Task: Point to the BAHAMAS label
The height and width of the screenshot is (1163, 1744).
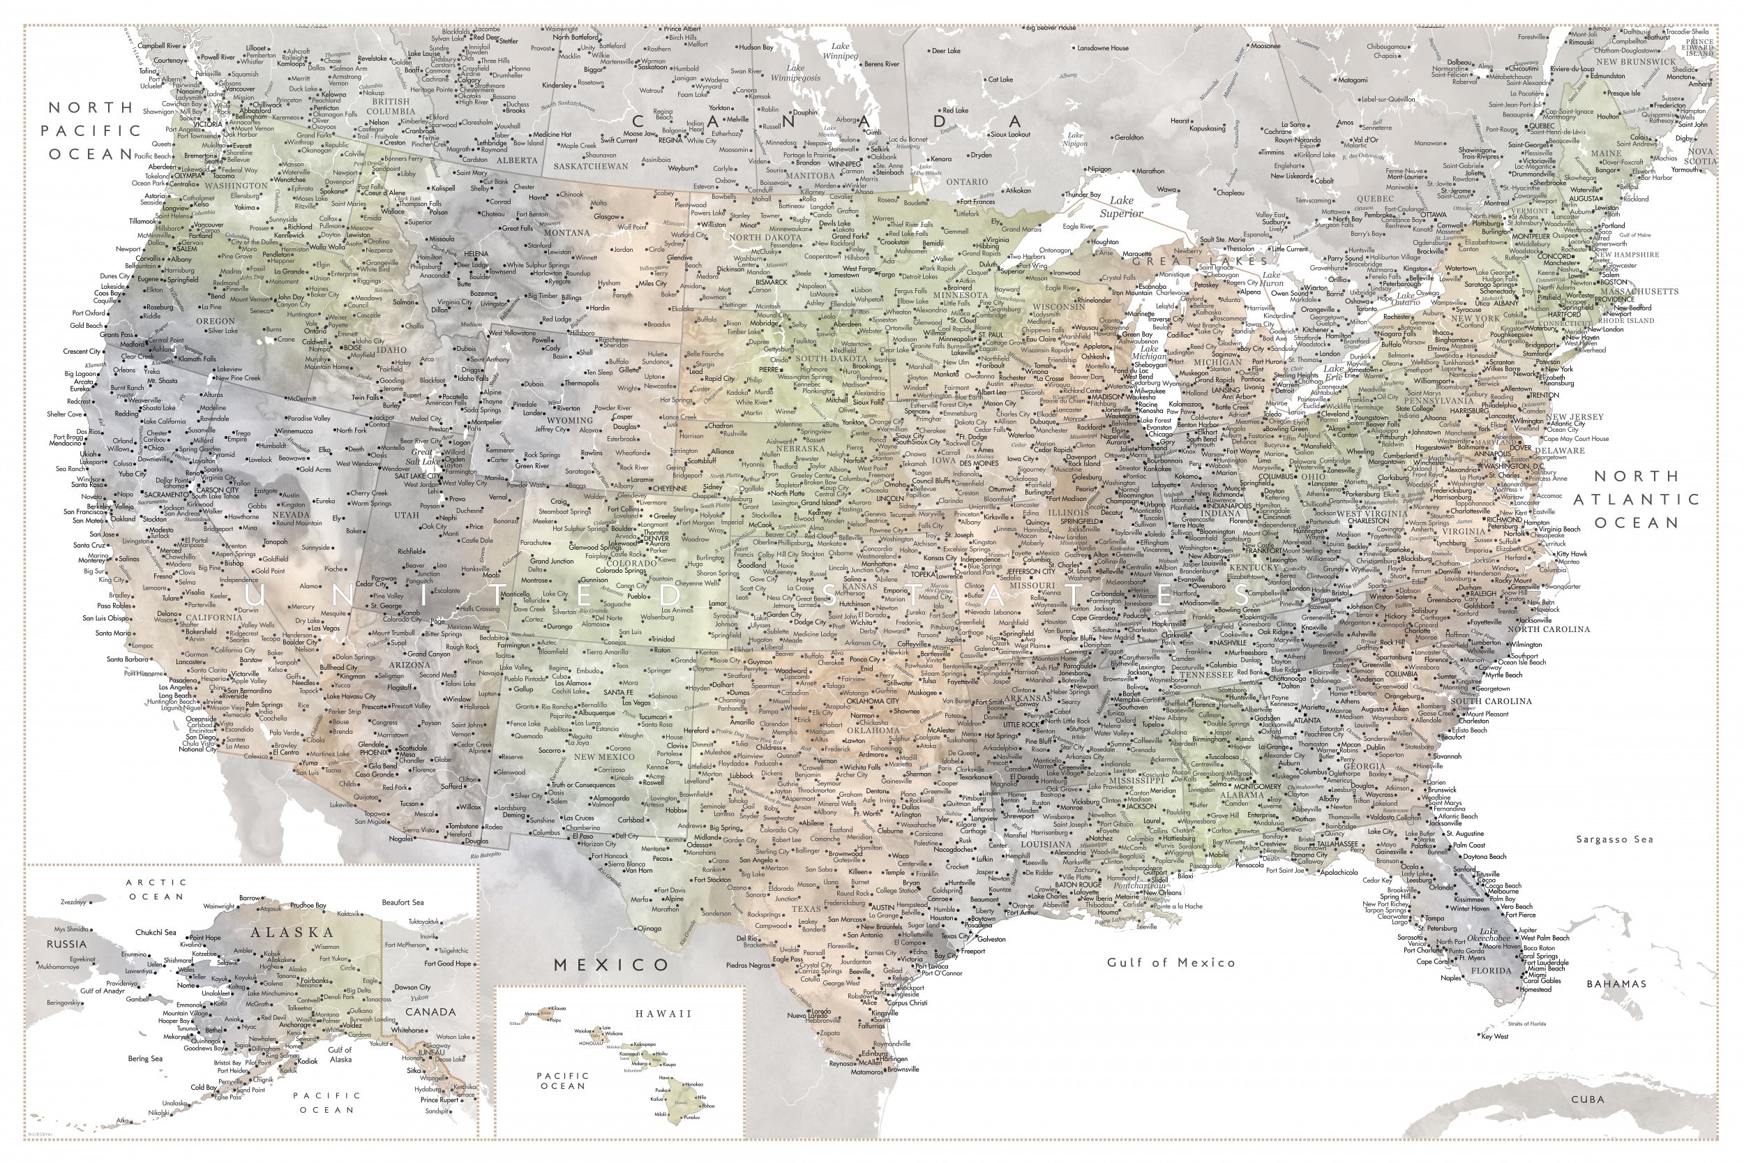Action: pos(1616,984)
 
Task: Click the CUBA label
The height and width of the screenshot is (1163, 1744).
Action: pos(1588,1100)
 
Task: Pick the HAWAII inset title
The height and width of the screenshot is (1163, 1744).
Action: pos(662,1013)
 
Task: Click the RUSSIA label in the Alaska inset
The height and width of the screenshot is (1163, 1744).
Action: pos(67,944)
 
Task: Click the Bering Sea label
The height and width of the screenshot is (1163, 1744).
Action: pos(144,1058)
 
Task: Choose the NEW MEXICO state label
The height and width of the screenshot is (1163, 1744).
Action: pos(604,756)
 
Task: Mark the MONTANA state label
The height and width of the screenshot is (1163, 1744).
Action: pos(566,233)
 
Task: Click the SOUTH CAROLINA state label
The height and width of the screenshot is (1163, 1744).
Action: pos(1491,701)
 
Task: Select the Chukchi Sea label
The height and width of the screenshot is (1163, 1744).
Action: pos(156,932)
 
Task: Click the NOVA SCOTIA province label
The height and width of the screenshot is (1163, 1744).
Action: pos(1700,156)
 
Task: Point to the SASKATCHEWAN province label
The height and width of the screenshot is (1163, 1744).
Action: pos(590,166)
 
